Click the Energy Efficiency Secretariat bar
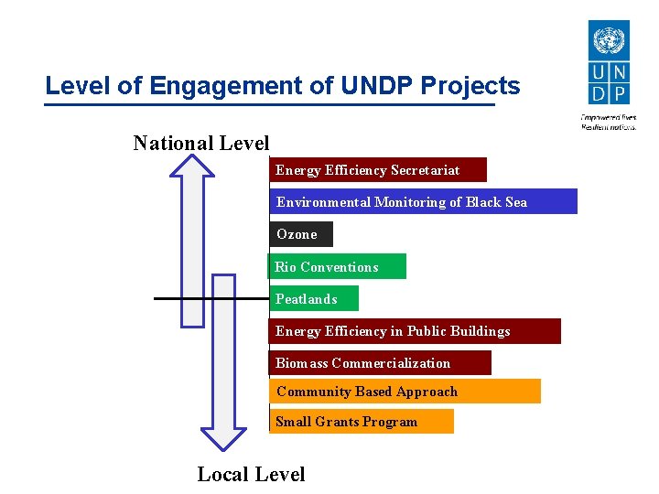tap(378, 170)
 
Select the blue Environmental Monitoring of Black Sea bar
tap(423, 202)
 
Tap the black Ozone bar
tap(301, 234)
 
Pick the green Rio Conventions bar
tap(337, 267)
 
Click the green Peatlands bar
tap(314, 299)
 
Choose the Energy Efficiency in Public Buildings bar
tap(415, 331)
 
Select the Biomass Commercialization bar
tap(380, 363)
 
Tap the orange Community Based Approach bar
tap(405, 392)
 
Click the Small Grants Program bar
tap(362, 422)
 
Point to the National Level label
tap(201, 143)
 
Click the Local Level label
tap(251, 474)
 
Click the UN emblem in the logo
tap(609, 40)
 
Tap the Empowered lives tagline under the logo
tap(609, 122)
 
